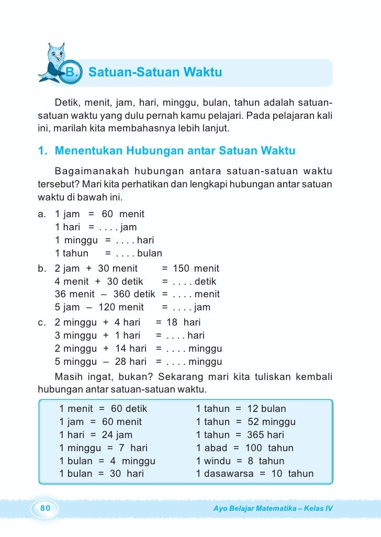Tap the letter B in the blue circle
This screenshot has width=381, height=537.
click(70, 72)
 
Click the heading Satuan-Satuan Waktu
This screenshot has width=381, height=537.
click(155, 72)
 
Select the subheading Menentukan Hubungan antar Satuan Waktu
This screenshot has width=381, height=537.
click(167, 151)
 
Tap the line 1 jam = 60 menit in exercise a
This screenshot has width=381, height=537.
click(99, 214)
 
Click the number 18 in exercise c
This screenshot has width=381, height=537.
click(173, 322)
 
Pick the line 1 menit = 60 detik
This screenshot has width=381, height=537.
click(103, 409)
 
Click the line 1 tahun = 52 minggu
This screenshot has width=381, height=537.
click(245, 422)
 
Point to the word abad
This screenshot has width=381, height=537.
click(216, 448)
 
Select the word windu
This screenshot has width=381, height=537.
click(216, 461)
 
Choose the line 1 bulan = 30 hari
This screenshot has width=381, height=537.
click(101, 474)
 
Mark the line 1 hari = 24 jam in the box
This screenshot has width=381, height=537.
click(96, 435)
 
